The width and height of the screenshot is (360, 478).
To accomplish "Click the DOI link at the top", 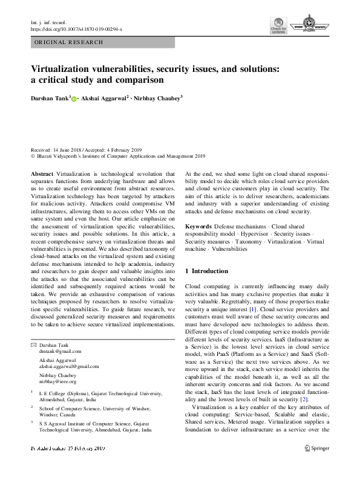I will point(76,28).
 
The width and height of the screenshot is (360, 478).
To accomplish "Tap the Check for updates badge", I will point(278,26).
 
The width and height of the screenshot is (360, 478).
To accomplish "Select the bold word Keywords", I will point(198,225).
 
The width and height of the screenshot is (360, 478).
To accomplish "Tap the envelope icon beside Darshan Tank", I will point(33,344).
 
